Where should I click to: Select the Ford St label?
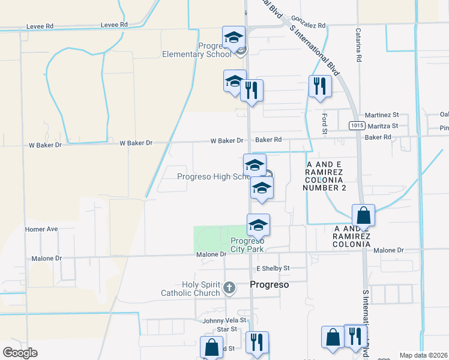coord(324,123)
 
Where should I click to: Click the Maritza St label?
coord(382,126)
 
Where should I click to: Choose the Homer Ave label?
coord(41,229)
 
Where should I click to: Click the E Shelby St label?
coord(273,268)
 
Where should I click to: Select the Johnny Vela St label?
coord(223,320)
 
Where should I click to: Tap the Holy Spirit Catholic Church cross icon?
coord(228,288)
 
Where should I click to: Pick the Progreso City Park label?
coord(247,245)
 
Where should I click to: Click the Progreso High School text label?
coord(214,176)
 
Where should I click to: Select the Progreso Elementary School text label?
coord(197,49)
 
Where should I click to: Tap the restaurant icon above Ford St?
coord(320,85)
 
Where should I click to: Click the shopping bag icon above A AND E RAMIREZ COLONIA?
coord(363,214)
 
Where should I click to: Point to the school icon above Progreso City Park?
coord(259,224)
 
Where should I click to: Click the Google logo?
coord(20,353)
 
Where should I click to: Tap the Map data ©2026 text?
coord(424,355)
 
